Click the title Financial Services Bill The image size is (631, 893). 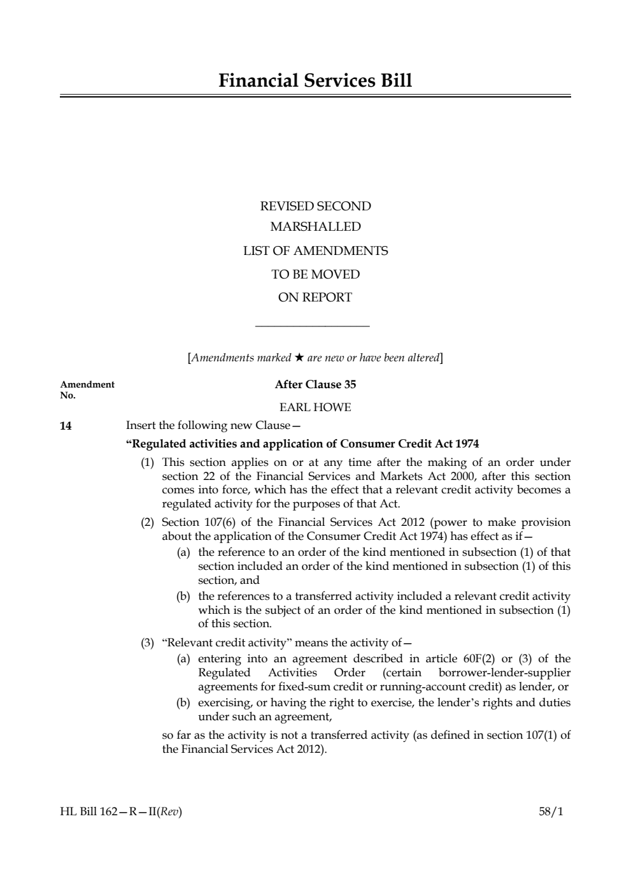coord(315,81)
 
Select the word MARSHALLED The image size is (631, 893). coord(315,227)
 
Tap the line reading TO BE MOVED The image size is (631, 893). coord(315,274)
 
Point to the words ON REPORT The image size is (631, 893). coord(315,297)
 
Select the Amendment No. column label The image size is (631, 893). coord(87,389)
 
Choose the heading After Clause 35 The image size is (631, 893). coord(315,384)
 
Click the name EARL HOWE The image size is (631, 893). coord(315,407)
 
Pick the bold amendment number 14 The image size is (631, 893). coord(66,426)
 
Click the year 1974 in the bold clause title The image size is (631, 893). coord(466,444)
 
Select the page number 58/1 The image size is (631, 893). coord(551,811)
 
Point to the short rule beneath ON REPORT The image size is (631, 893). coord(312,327)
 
